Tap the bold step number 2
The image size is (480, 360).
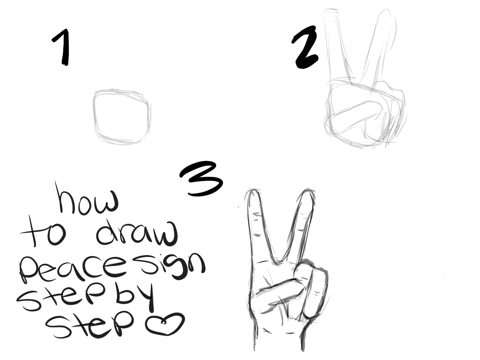pyautogui.click(x=305, y=47)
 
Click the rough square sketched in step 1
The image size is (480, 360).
pyautogui.click(x=95, y=116)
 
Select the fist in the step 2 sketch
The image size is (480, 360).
pyautogui.click(x=365, y=114)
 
